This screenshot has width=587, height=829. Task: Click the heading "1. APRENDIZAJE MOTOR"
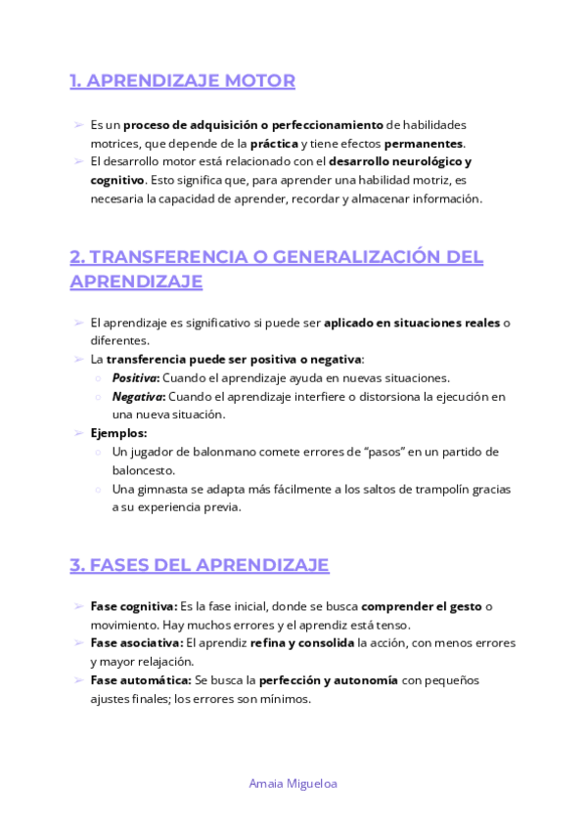point(182,81)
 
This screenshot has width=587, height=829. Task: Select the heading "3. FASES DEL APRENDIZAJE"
point(200,565)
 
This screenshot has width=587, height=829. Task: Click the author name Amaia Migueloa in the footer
point(293,783)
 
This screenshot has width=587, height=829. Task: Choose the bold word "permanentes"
point(424,144)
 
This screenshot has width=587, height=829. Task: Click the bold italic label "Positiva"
point(135,377)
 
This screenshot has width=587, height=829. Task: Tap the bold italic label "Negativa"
point(137,396)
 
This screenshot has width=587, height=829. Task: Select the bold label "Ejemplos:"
point(118,433)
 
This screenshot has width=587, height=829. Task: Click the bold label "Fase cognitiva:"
point(133,607)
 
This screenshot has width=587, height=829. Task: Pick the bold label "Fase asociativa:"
point(136,643)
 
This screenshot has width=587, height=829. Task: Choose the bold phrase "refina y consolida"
point(302,643)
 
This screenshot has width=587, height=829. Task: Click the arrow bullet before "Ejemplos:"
point(77,433)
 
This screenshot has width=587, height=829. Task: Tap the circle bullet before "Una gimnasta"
point(99,489)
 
